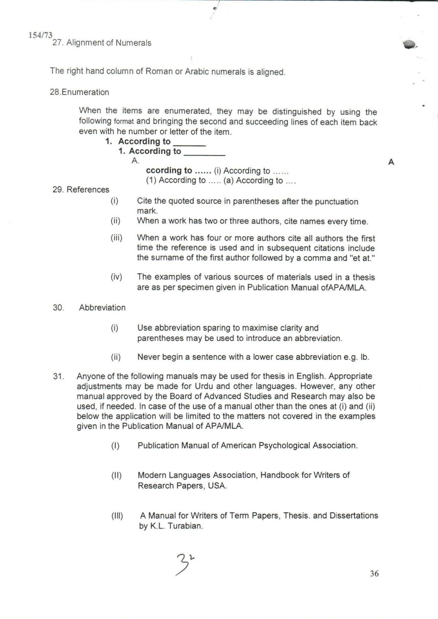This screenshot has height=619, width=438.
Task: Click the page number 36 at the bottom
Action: (374, 573)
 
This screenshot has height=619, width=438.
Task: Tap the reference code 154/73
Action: (41, 35)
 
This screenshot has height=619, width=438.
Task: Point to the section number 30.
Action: (58, 307)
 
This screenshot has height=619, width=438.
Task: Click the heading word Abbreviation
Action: (102, 307)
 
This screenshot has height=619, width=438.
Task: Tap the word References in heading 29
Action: (88, 189)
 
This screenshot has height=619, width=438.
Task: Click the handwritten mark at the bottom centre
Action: (185, 564)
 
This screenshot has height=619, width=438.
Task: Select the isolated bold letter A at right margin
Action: (391, 162)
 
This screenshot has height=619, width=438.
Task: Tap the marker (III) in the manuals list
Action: (117, 516)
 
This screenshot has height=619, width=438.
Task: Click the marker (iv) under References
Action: (116, 277)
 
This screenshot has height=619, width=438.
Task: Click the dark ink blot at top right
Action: (409, 45)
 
